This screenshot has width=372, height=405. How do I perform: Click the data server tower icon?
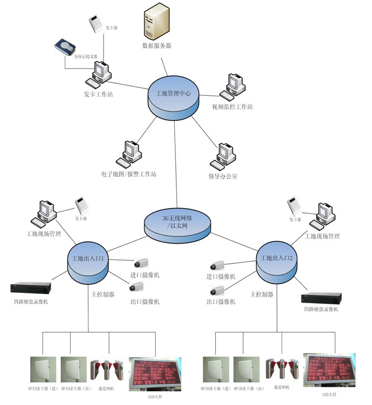click(x=156, y=22)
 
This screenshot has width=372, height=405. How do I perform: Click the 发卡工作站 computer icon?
click(x=101, y=74)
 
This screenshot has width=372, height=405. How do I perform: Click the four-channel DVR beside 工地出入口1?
click(x=31, y=287)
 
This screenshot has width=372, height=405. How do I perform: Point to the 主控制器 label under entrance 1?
click(x=103, y=294)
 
